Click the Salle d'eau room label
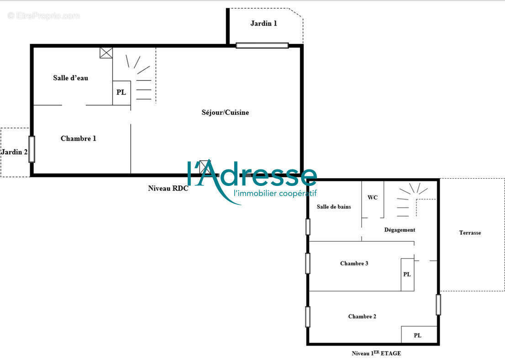click(x=70, y=78)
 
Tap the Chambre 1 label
click(x=78, y=138)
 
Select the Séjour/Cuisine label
click(x=225, y=112)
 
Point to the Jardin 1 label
click(x=263, y=23)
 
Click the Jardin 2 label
click(x=14, y=152)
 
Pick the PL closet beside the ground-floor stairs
click(x=121, y=93)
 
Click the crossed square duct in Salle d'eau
click(x=106, y=53)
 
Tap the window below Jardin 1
click(x=262, y=45)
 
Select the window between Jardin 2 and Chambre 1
click(x=32, y=149)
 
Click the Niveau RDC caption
click(x=168, y=188)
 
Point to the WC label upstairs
click(x=373, y=197)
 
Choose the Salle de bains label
click(x=334, y=206)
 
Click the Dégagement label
click(x=400, y=230)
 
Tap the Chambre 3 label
click(x=354, y=263)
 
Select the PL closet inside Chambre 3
click(x=407, y=275)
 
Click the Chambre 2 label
click(x=362, y=317)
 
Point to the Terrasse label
click(x=470, y=233)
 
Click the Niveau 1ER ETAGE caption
click(x=376, y=353)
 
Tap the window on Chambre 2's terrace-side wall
click(x=438, y=305)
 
